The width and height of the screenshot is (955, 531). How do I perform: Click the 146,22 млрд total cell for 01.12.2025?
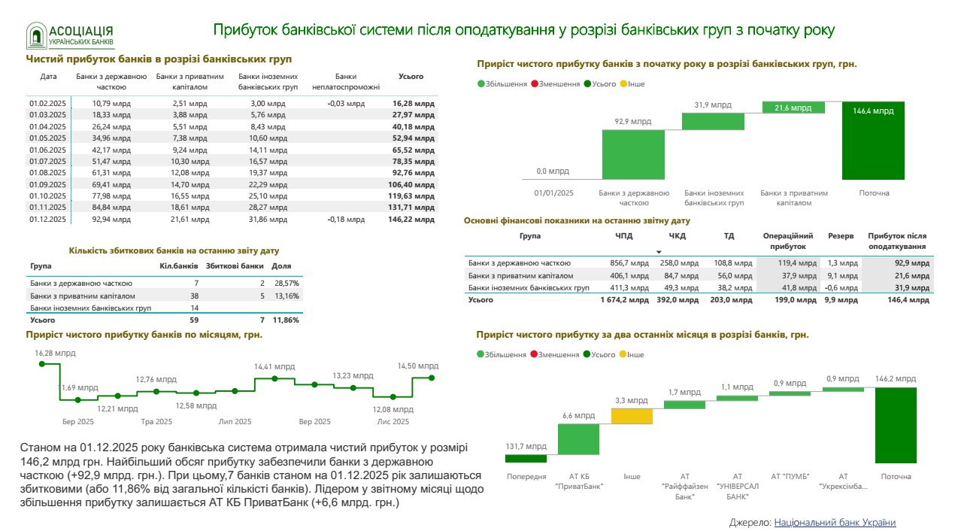pos(413,220)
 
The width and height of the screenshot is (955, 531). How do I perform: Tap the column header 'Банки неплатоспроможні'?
pos(346,81)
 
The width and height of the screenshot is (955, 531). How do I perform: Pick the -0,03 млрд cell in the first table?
pos(346,103)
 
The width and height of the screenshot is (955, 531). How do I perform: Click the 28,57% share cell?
pos(286,284)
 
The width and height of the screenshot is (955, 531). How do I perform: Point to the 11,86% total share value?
pos(286,320)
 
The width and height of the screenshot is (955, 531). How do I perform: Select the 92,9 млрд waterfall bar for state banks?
pos(632,154)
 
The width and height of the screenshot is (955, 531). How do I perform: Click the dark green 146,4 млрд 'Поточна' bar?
pos(873,140)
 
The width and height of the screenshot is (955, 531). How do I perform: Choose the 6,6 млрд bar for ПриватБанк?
pos(579,439)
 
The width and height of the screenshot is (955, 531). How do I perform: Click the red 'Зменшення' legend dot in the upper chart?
pos(534,84)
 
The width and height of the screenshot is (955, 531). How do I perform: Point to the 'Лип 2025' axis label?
pos(235,422)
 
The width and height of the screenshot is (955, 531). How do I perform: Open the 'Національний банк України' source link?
pos(835,522)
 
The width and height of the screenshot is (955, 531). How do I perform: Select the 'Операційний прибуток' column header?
pos(787,241)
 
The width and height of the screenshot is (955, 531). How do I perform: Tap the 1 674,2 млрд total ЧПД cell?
pos(624,300)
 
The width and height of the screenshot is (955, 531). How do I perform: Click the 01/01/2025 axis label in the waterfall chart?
pos(553,193)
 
